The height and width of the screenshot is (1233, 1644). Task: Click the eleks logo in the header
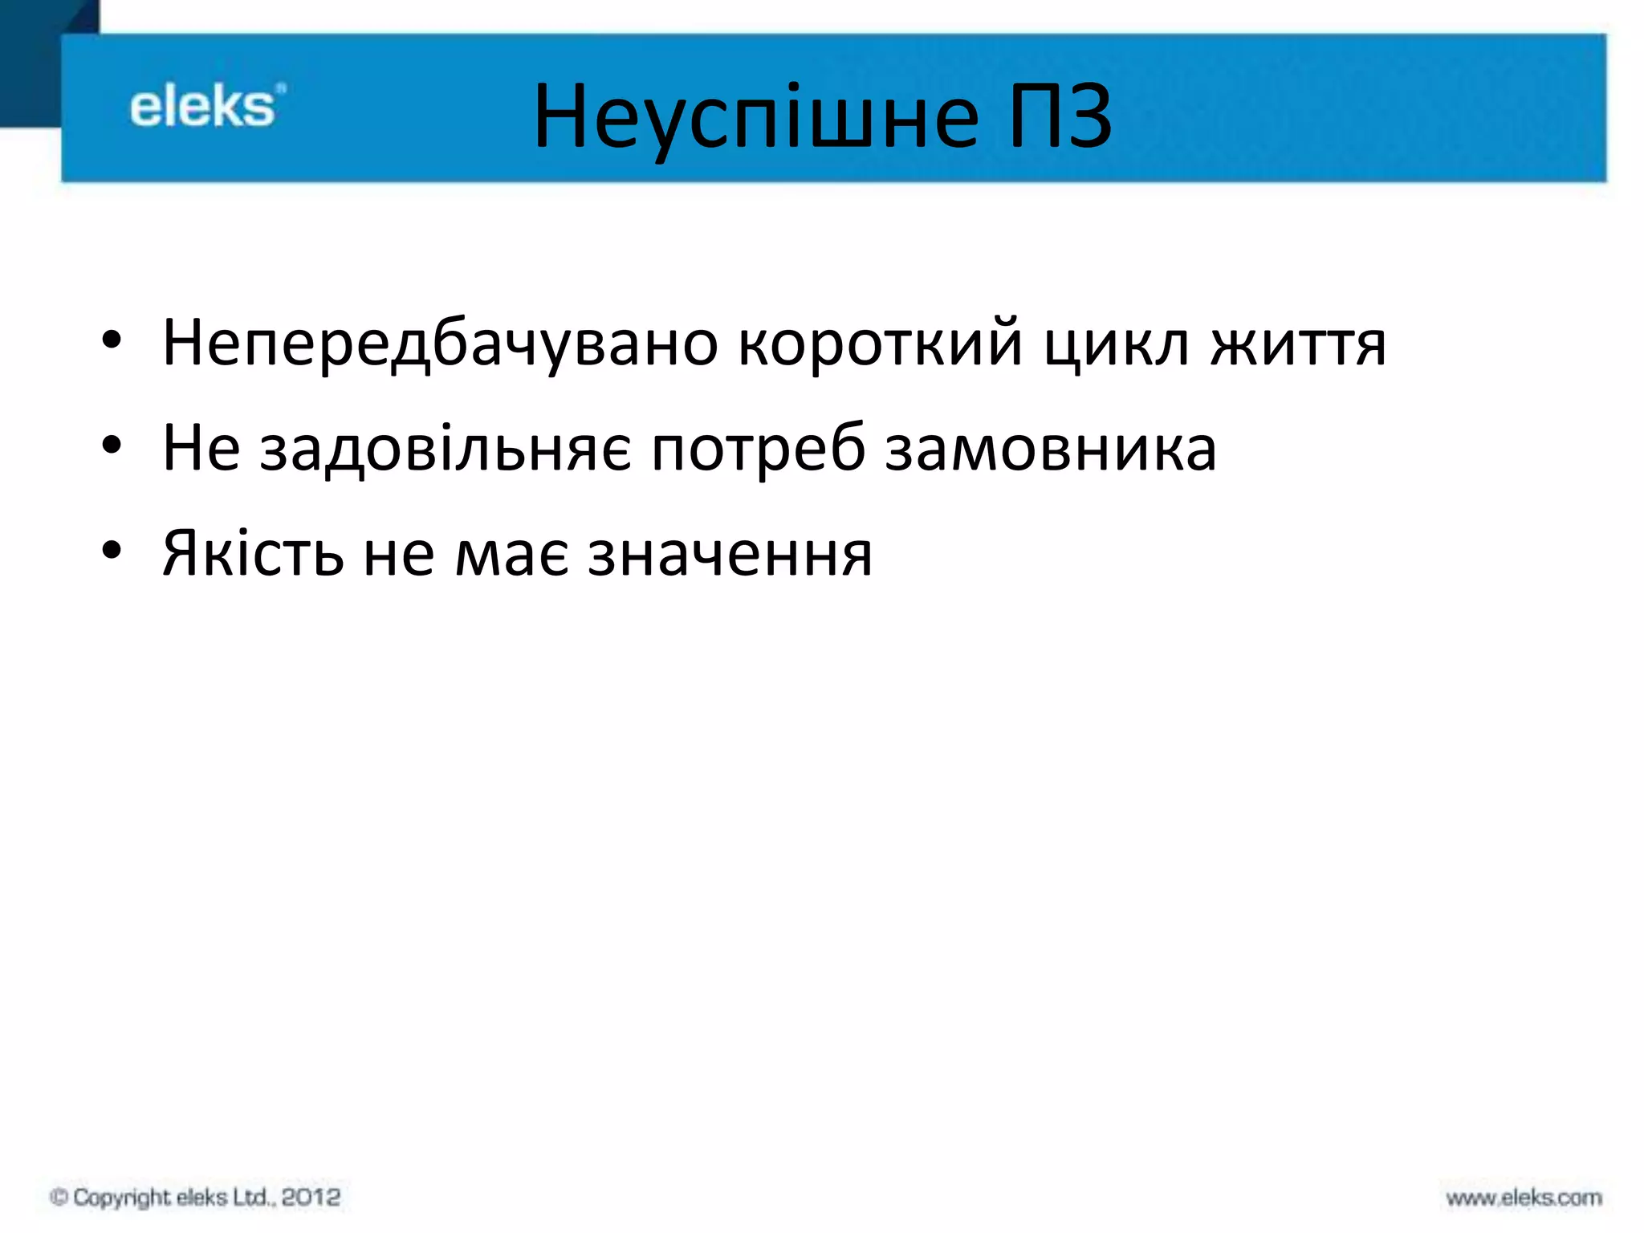(x=205, y=107)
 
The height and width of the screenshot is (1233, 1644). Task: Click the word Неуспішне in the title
(x=755, y=119)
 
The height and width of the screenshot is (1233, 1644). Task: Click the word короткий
(x=880, y=344)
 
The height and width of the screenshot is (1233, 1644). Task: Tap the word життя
(x=1298, y=344)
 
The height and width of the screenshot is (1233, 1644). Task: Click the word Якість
(x=253, y=553)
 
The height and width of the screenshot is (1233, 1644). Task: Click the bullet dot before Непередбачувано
(x=112, y=340)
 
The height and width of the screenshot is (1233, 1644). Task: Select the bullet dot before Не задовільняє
(x=112, y=446)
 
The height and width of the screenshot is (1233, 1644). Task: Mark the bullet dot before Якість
(x=112, y=551)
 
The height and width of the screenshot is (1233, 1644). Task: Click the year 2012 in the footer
(x=311, y=1197)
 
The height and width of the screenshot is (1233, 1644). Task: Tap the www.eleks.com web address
(x=1523, y=1198)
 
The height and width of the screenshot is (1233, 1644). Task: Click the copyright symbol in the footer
(x=59, y=1197)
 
